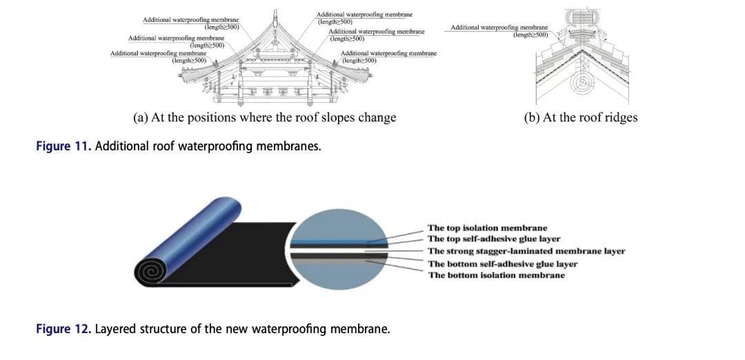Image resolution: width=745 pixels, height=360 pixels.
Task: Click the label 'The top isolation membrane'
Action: coord(487,228)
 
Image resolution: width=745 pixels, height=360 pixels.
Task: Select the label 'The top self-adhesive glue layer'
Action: coord(494,239)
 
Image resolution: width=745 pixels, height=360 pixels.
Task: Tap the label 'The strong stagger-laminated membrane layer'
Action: coord(526,251)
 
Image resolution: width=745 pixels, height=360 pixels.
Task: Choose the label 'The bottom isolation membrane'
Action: coord(496,275)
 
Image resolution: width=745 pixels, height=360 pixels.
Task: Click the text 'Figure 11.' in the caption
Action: coord(63,146)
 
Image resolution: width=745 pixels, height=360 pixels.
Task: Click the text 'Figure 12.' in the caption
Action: coord(63,329)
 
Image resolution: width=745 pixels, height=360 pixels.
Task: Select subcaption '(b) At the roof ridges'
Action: coord(581,117)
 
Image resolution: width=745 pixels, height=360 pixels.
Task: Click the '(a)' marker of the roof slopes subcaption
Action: coord(141,117)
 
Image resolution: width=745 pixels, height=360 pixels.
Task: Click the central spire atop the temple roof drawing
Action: coord(275,17)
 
